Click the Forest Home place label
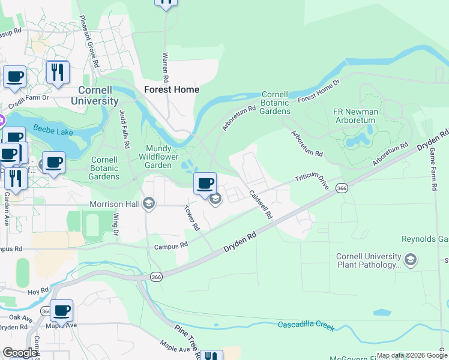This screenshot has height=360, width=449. click(x=171, y=89)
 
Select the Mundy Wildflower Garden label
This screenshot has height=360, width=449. click(x=158, y=157)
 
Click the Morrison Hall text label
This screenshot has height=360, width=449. click(x=115, y=204)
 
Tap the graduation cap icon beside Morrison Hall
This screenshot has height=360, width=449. click(x=149, y=204)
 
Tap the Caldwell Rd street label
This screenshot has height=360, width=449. click(x=261, y=204)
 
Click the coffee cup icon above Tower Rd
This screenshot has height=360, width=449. click(x=205, y=183)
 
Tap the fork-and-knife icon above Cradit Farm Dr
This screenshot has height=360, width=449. click(x=58, y=72)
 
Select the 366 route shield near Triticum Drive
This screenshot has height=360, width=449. click(x=342, y=188)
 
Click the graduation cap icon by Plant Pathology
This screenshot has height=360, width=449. click(x=411, y=259)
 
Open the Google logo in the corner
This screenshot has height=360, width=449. click(x=20, y=353)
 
